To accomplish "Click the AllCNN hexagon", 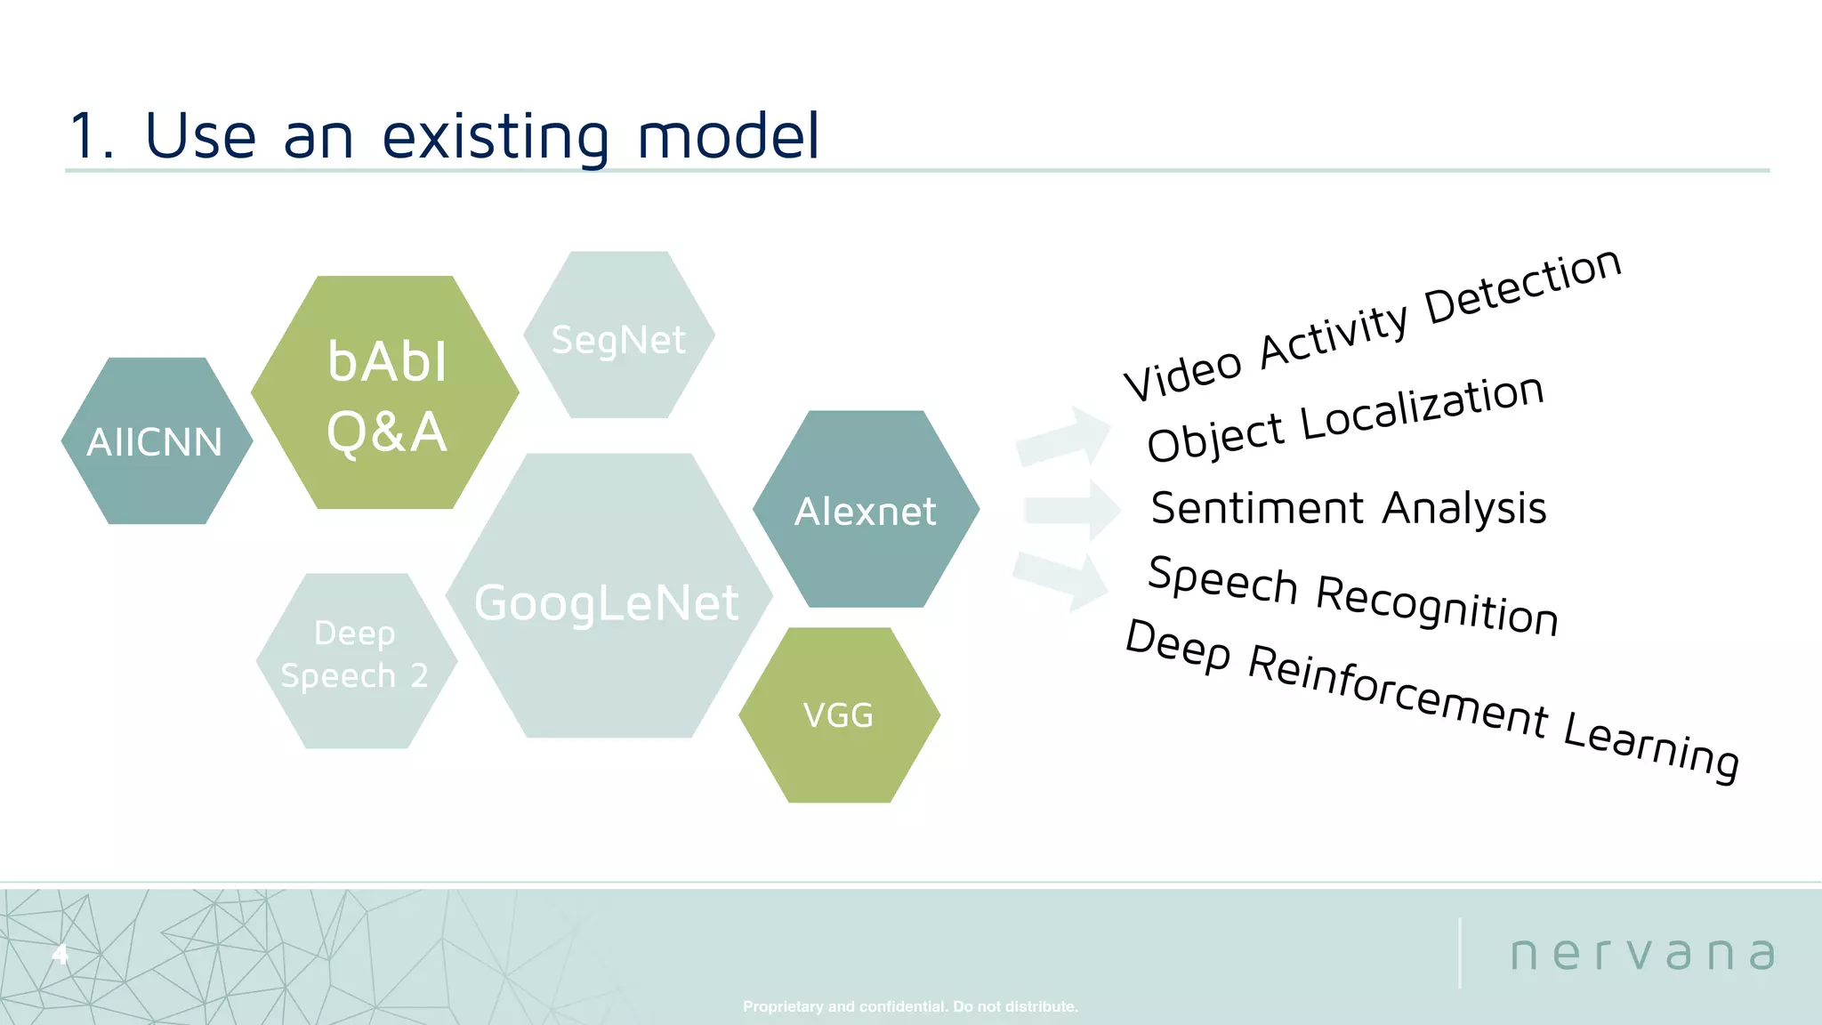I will point(156,441).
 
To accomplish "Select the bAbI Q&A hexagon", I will point(385,393).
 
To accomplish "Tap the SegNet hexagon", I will point(618,335).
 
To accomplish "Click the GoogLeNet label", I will point(606,602).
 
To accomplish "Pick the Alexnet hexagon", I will point(866,510).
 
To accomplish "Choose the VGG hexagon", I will point(839,715).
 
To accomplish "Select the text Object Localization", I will point(1345,418).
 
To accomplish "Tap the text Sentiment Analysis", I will point(1348,508).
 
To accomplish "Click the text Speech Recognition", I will point(1352,594).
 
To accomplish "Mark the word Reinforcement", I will point(1398,691).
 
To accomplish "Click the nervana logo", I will point(1642,954).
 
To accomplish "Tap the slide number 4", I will point(60,955).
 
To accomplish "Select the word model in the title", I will point(728,137).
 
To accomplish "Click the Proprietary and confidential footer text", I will point(910,1006).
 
